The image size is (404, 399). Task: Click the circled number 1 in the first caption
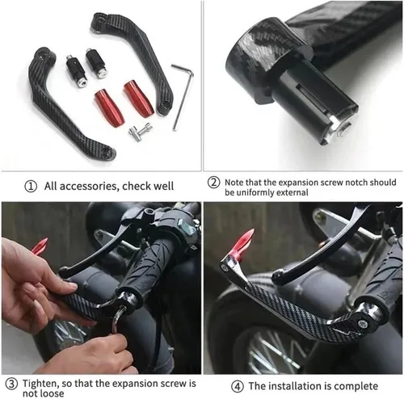[31, 187]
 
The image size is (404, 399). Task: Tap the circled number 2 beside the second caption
[213, 183]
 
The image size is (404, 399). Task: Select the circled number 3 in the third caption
[11, 384]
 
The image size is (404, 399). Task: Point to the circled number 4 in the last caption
[238, 387]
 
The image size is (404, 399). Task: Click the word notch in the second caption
[356, 183]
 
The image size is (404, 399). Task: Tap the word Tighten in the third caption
[40, 384]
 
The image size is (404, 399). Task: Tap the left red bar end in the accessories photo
[109, 107]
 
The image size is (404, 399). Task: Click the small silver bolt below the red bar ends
[141, 131]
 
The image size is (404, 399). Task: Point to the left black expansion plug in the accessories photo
[77, 71]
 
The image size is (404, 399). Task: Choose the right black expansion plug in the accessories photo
[96, 63]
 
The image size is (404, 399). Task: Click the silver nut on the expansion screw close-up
[339, 128]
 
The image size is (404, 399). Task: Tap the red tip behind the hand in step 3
[40, 246]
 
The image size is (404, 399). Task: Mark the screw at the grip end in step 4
[362, 323]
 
